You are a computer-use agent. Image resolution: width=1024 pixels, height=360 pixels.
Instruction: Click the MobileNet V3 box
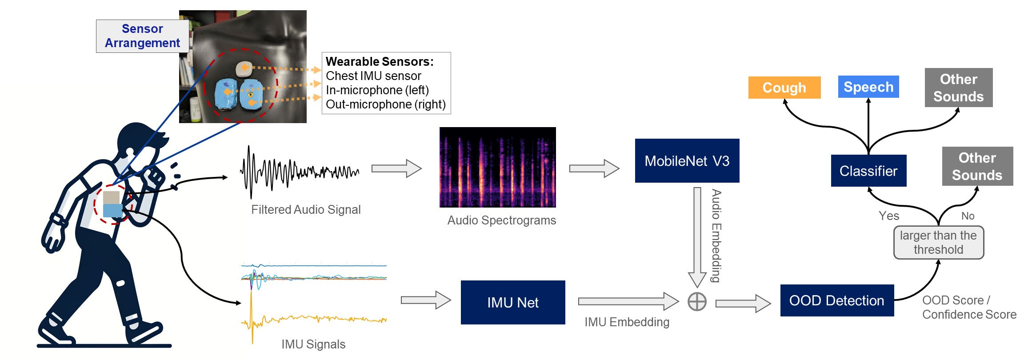pos(687,160)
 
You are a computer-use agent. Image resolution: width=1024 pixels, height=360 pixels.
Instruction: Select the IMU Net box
pos(512,302)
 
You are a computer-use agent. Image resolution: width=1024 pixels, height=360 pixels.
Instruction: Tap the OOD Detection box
pos(836,300)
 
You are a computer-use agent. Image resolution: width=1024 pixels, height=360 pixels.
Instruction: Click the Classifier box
pos(868,171)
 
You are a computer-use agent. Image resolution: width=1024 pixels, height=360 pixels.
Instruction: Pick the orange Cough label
pos(784,88)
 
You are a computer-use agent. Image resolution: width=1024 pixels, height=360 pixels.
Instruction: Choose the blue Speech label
pos(868,87)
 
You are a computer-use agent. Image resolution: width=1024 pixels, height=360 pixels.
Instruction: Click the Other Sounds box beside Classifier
pos(977,166)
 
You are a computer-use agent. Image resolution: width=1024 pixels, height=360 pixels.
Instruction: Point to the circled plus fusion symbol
pos(696,302)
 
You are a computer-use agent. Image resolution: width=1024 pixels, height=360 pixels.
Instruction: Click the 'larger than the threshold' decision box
pos(938,242)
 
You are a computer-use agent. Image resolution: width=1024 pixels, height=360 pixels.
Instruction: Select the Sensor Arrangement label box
pos(142,36)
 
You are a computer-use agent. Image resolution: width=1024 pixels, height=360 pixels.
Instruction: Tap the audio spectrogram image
pos(497,167)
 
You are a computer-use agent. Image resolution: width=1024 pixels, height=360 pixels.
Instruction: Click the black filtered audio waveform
pos(299,172)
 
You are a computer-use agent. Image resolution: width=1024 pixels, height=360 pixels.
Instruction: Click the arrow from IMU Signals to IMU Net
pos(425,300)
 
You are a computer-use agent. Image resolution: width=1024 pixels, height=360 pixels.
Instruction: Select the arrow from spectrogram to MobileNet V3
pos(594,168)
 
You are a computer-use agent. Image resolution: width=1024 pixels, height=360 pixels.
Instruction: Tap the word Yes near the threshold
pos(888,216)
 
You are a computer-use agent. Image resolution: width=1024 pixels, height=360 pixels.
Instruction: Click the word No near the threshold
pos(968,216)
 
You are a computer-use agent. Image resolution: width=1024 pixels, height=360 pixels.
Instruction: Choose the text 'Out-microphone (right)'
pos(385,104)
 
